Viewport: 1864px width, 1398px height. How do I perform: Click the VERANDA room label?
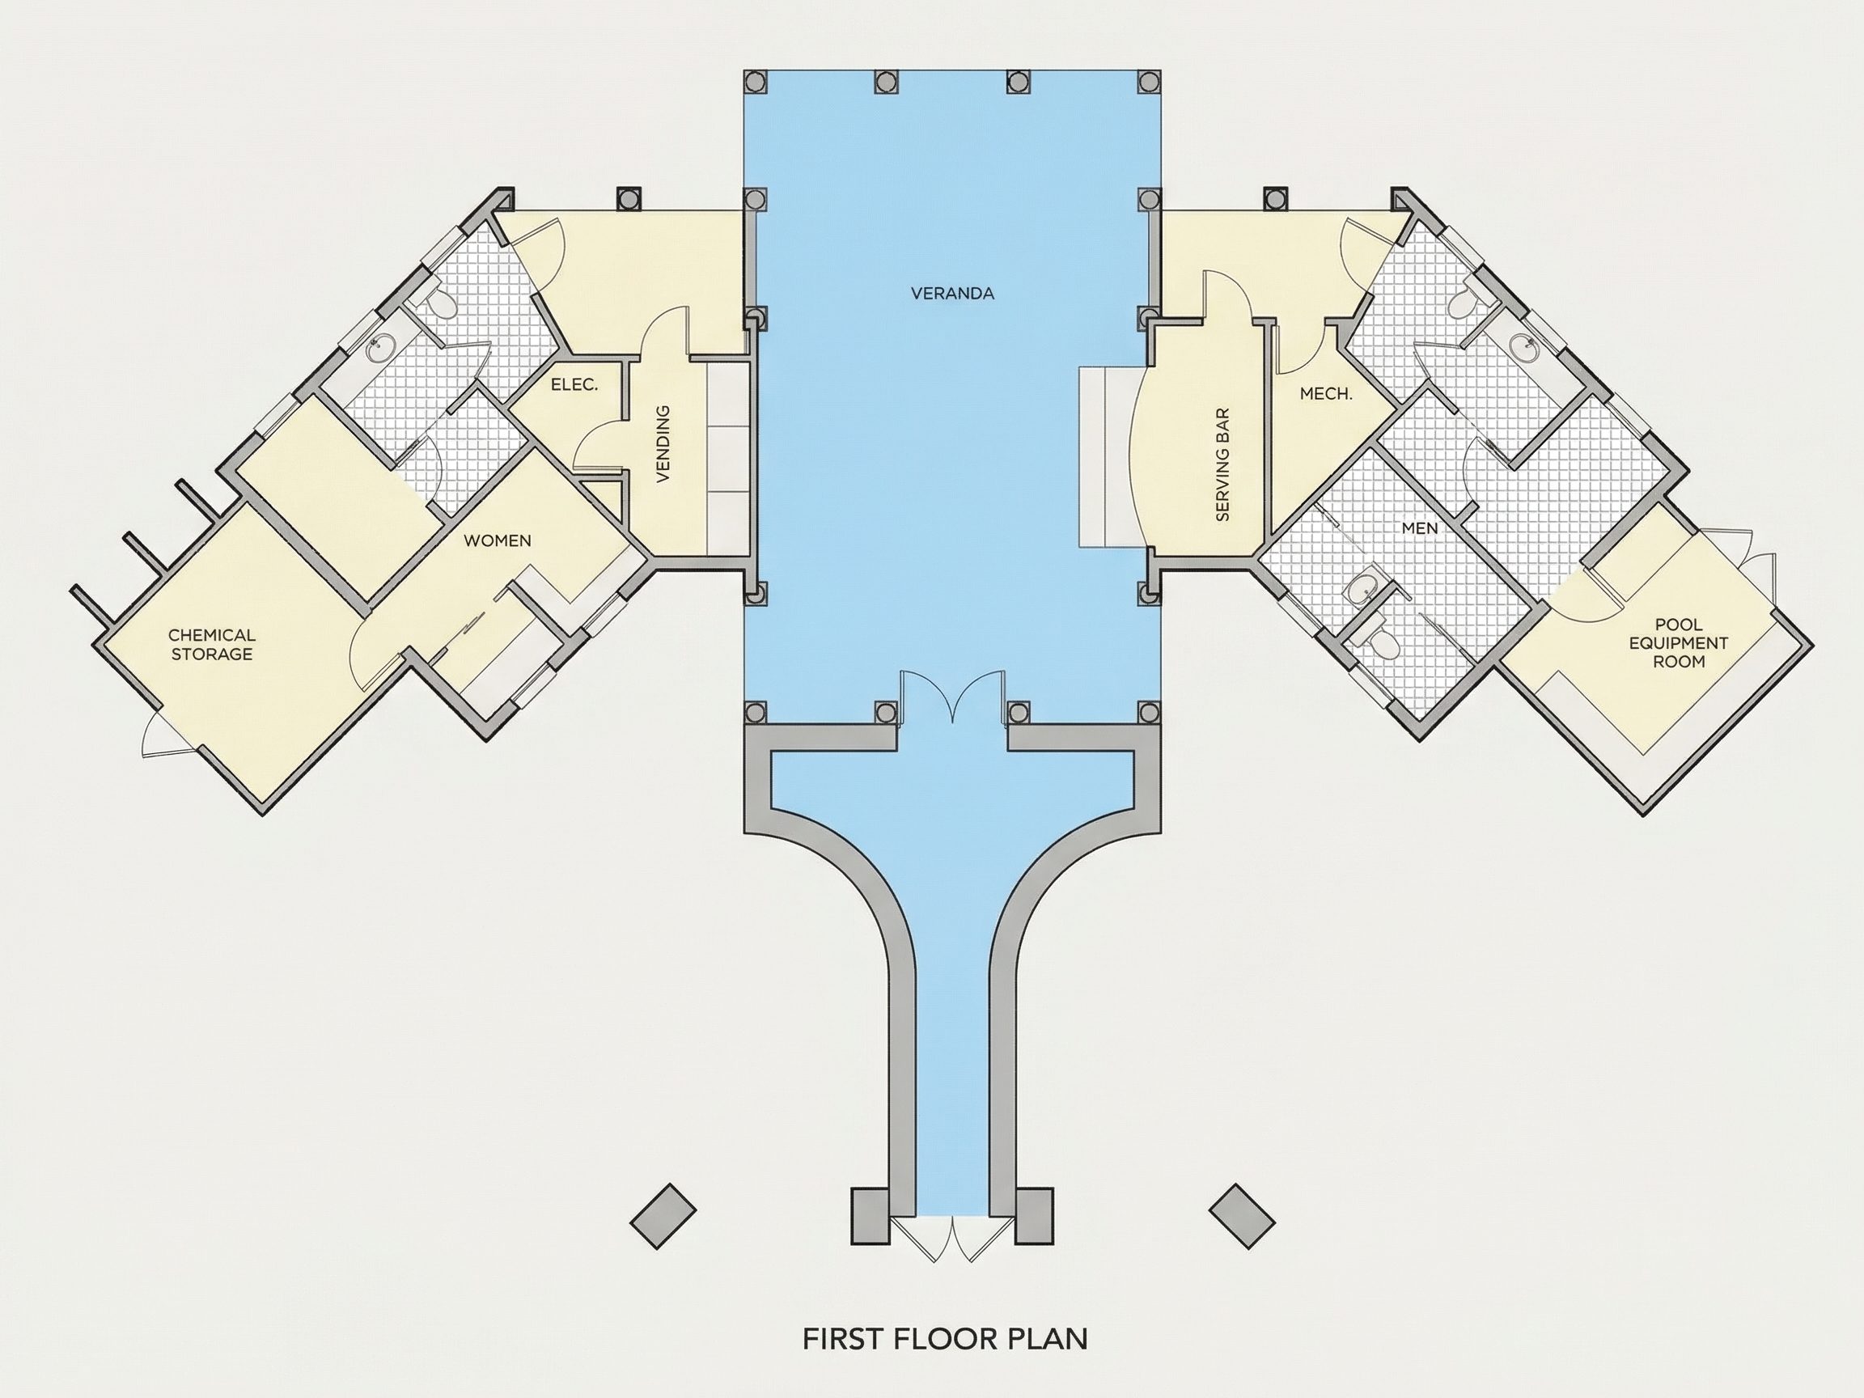[952, 293]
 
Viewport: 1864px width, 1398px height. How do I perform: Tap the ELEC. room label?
[574, 385]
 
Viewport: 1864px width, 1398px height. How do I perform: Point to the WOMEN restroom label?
[498, 540]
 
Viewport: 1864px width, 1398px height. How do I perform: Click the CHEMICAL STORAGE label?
[211, 645]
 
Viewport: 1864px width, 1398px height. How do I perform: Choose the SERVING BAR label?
[1223, 464]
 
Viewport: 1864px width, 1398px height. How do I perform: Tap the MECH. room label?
[1325, 393]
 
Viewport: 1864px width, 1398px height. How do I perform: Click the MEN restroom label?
[1419, 528]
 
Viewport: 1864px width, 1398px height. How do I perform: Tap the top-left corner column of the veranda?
[755, 81]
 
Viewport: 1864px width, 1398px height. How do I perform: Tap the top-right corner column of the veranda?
[1149, 81]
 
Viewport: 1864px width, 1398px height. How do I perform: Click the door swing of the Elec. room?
[599, 445]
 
